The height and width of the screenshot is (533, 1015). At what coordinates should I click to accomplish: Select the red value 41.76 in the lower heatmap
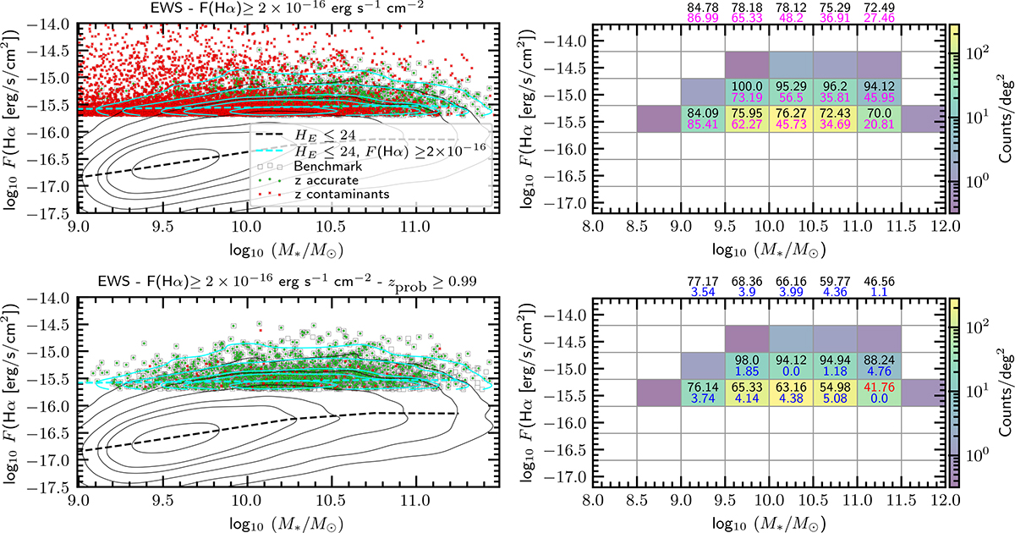click(877, 383)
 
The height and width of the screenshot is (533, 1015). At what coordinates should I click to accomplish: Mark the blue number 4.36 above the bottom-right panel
click(833, 293)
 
